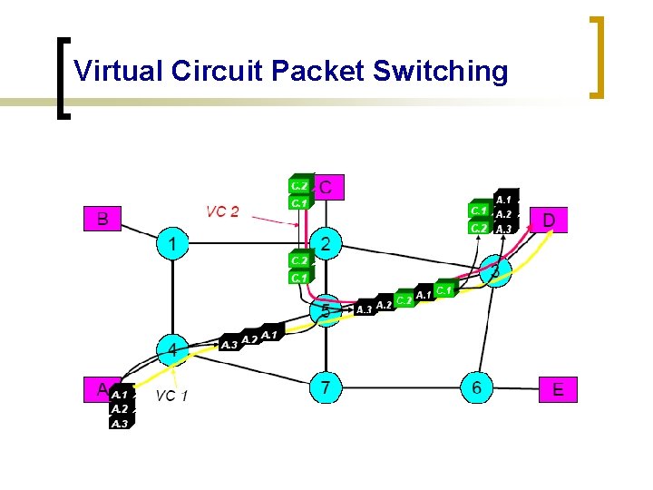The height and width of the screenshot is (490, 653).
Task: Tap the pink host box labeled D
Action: point(550,220)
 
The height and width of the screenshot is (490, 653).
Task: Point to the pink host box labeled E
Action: point(557,389)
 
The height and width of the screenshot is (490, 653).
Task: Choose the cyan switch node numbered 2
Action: point(326,243)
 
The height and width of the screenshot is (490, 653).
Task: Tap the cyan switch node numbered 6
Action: point(477,388)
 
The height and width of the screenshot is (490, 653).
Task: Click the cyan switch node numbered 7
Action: point(326,388)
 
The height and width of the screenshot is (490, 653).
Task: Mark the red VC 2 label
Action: point(222,211)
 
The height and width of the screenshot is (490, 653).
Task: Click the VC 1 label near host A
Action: point(171,396)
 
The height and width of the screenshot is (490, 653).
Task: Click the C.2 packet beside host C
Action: point(299,185)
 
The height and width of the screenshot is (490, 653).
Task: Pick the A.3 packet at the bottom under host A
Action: point(120,423)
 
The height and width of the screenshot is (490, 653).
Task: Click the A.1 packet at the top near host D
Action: point(504,199)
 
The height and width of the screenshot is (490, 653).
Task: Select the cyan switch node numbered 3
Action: point(495,270)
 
